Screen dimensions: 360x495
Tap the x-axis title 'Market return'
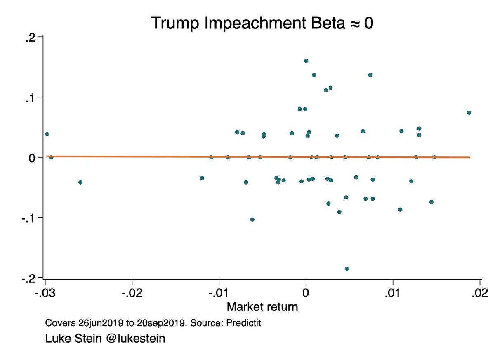(x=262, y=307)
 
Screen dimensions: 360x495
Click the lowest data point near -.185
(x=347, y=269)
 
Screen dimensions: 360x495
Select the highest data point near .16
(x=306, y=61)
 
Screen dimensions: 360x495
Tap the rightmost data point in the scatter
(x=469, y=113)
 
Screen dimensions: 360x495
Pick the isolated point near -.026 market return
(x=80, y=182)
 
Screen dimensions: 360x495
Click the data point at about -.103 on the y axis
(x=252, y=220)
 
